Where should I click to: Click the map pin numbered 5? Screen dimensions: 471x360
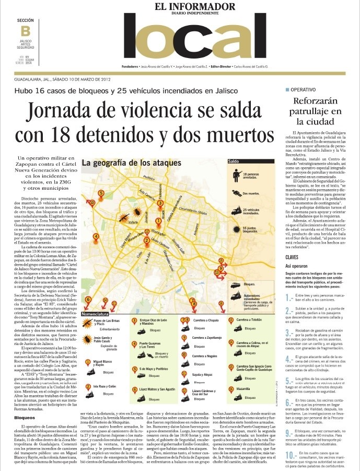(x=101, y=193)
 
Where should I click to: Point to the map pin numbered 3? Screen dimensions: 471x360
(x=160, y=202)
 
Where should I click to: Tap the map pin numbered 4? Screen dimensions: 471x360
(x=96, y=236)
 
